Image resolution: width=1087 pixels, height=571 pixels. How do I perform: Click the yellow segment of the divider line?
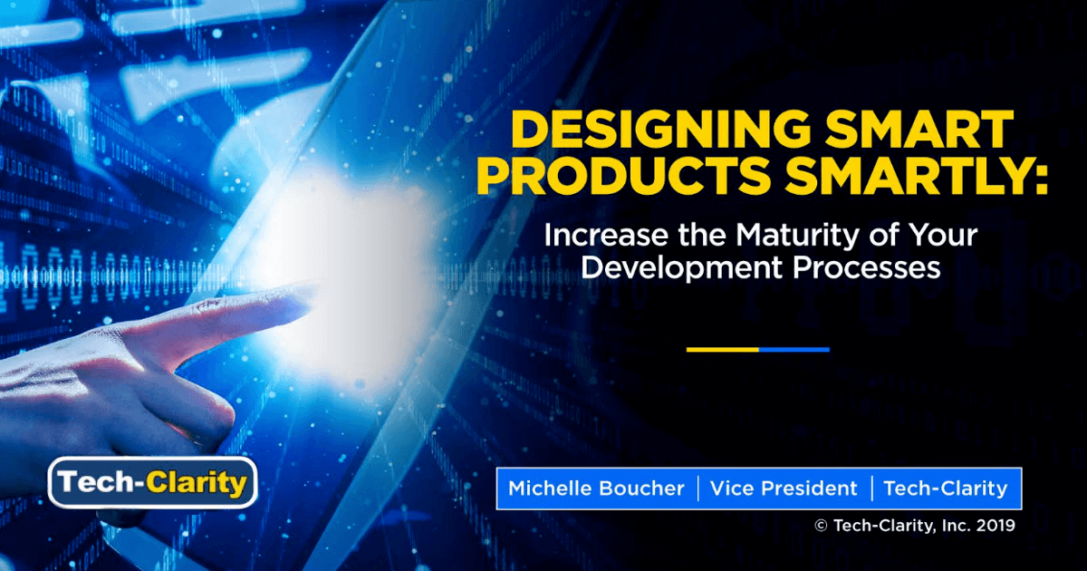[722, 349]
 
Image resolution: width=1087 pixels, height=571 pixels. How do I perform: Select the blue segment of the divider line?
[794, 349]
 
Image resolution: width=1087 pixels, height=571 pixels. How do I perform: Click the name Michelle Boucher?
[596, 489]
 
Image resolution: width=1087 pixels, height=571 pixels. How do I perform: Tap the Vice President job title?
[784, 489]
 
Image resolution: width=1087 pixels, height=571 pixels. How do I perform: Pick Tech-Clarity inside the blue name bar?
[945, 489]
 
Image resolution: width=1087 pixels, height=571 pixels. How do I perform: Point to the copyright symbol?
[821, 526]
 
